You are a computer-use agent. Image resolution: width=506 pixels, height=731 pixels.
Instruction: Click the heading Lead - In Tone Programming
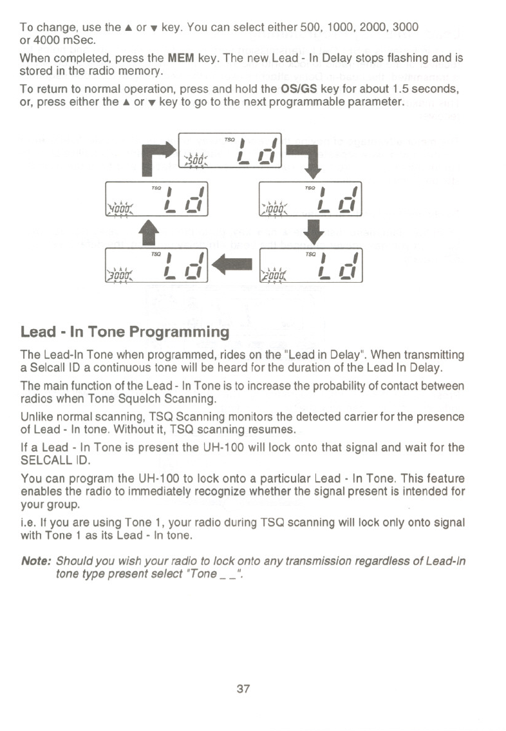125,332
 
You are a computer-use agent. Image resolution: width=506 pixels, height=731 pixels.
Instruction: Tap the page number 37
243,688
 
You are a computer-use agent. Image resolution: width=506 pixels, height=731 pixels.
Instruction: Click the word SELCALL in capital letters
43,460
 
